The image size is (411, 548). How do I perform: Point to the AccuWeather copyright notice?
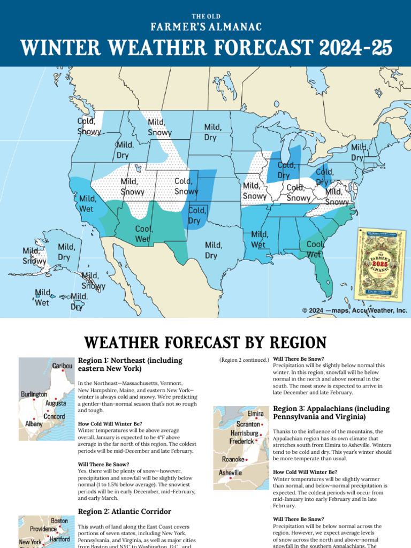[x=354, y=310]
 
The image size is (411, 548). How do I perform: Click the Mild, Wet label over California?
[x=88, y=203]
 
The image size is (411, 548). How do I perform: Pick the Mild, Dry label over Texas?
[x=211, y=250]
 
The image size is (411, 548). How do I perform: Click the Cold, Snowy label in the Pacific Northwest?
[x=88, y=126]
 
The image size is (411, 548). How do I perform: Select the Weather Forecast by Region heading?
[x=205, y=342]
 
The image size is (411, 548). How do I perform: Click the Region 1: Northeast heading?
[x=130, y=364]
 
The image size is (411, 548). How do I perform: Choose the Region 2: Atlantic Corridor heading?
[x=124, y=511]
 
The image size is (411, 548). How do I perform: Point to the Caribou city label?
[x=63, y=366]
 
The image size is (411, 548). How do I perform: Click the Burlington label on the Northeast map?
[x=34, y=394]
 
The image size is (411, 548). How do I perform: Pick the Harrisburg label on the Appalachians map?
[x=245, y=432]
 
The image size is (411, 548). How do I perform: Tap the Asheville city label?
[x=230, y=473]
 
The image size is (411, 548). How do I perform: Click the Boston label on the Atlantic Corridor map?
[x=59, y=520]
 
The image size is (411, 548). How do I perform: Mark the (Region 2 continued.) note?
[x=243, y=360]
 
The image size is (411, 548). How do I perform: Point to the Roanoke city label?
[x=233, y=459]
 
